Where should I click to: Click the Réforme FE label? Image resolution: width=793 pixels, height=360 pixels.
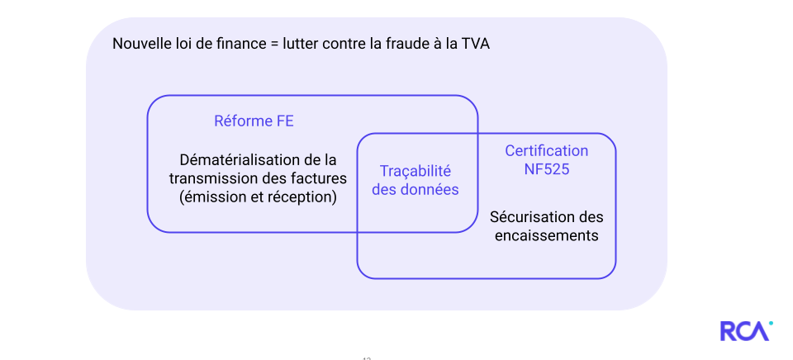(x=254, y=121)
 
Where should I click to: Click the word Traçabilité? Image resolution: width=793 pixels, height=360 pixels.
(x=415, y=171)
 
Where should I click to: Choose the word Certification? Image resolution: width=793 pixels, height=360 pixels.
(x=546, y=151)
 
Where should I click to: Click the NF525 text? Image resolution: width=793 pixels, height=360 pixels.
(x=546, y=169)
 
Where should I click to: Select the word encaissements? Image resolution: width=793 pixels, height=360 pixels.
(x=546, y=235)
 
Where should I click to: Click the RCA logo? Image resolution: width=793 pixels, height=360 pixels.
(x=744, y=331)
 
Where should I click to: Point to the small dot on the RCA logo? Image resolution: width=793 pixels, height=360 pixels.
(x=771, y=323)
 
